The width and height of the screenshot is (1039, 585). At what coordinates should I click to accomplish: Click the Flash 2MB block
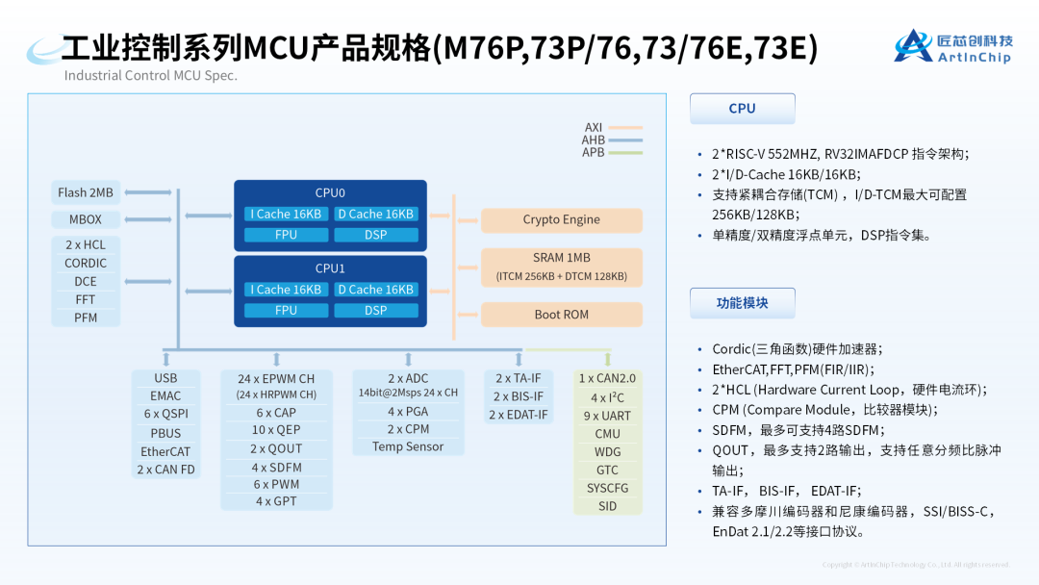86,192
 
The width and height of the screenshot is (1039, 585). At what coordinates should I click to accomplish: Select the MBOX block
86,219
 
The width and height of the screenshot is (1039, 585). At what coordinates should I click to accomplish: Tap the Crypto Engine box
561,219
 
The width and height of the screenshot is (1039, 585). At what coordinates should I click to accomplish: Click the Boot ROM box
561,315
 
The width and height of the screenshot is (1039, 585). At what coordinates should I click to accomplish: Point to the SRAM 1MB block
561,267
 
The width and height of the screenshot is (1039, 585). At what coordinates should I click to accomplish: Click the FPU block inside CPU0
286,235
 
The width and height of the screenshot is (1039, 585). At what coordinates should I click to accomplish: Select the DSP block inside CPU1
375,311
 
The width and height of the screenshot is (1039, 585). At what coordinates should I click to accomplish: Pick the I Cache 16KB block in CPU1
286,290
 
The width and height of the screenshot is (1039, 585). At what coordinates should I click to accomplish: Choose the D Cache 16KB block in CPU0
375,215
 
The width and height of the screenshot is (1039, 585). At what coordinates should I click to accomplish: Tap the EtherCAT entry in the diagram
165,451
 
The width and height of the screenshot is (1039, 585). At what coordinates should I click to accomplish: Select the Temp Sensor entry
408,446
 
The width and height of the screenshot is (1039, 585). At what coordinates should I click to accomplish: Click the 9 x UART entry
607,416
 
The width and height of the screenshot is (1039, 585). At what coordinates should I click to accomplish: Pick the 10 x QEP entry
276,430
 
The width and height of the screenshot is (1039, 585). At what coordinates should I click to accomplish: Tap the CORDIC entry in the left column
86,263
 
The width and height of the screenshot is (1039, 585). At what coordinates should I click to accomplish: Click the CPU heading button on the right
742,109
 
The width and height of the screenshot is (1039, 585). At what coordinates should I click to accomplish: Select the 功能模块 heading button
742,303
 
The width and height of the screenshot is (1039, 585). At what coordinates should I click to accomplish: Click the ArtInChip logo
952,47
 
